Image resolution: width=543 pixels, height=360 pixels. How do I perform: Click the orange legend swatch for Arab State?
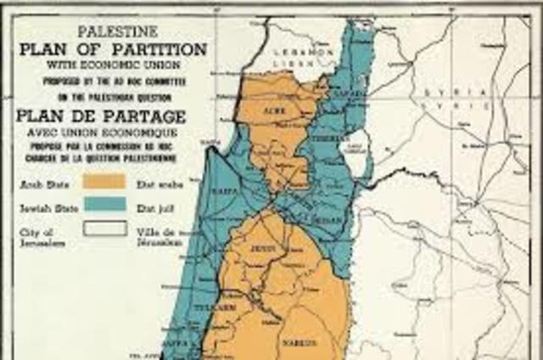(x=104, y=181)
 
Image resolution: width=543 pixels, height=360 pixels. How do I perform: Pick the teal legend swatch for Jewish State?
(x=104, y=205)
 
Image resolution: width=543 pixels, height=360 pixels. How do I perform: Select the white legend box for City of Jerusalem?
(x=104, y=228)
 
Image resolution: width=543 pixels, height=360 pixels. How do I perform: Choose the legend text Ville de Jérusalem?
(x=160, y=236)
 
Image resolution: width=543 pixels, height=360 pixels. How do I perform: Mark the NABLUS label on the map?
(x=306, y=342)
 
